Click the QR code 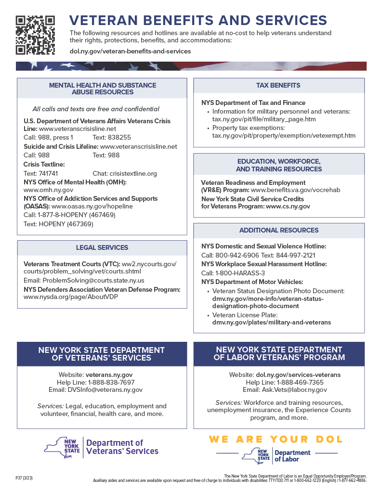pyautogui.click(x=35, y=35)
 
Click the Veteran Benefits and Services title pyautogui.click(x=198, y=20)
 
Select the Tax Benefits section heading pyautogui.click(x=279, y=85)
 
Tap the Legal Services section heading pyautogui.click(x=102, y=247)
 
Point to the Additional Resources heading pyautogui.click(x=279, y=230)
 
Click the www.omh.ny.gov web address pyautogui.click(x=49, y=190)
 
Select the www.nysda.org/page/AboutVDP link pyautogui.click(x=71, y=297)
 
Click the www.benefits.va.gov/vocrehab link pyautogui.click(x=296, y=190)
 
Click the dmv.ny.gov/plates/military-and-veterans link pyautogui.click(x=272, y=323)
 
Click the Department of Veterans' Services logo pyautogui.click(x=102, y=447)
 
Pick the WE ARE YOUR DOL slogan pyautogui.click(x=276, y=439)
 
